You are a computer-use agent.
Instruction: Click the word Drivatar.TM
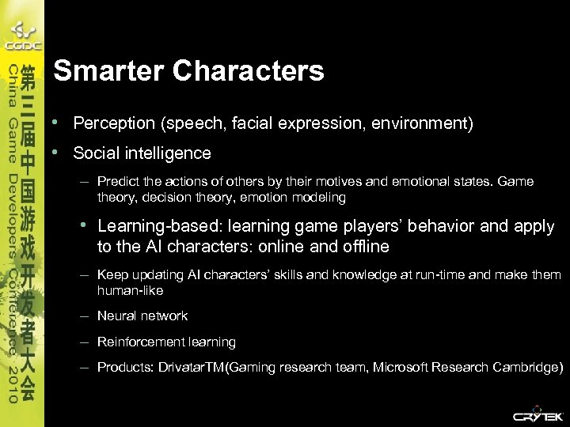pos(192,368)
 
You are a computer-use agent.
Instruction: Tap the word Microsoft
pos(401,368)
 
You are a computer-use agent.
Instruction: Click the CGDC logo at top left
pos(21,36)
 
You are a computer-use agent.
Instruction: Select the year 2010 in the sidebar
pos(12,384)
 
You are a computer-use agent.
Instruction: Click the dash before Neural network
pos(83,316)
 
